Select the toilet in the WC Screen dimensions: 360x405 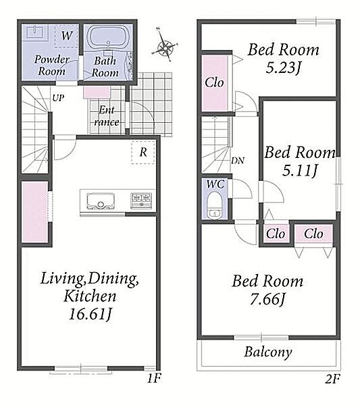(214, 205)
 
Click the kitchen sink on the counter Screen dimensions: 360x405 (101, 201)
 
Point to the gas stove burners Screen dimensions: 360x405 (141, 200)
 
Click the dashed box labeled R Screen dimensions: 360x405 (143, 152)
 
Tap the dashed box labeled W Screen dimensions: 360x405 (67, 36)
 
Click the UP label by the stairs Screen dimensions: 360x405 (58, 98)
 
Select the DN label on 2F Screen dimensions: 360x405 (238, 161)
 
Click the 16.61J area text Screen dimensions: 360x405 (91, 314)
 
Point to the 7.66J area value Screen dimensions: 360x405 (267, 300)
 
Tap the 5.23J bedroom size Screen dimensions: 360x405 (284, 67)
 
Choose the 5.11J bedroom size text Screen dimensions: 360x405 (300, 171)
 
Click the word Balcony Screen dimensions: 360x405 (268, 352)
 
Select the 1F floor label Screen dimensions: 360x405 (154, 379)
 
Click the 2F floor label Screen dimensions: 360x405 (332, 379)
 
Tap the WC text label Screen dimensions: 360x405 (215, 184)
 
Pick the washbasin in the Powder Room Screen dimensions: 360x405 (35, 32)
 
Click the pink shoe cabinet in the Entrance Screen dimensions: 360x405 (97, 92)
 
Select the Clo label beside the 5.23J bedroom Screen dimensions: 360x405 (214, 82)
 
